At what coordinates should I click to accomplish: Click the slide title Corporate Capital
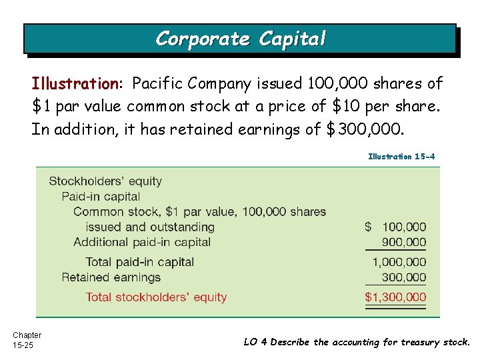pyautogui.click(x=241, y=39)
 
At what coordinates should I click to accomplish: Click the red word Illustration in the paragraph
pyautogui.click(x=74, y=84)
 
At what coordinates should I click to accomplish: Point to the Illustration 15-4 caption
pyautogui.click(x=401, y=157)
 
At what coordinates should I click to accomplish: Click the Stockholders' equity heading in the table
pyautogui.click(x=105, y=181)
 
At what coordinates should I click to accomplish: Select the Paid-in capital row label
pyautogui.click(x=101, y=197)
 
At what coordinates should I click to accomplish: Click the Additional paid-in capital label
pyautogui.click(x=142, y=242)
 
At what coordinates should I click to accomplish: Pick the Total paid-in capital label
pyautogui.click(x=140, y=262)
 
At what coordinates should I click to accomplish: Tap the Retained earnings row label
pyautogui.click(x=111, y=277)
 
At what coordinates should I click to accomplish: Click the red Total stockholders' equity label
pyautogui.click(x=156, y=297)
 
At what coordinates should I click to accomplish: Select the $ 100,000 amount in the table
pyautogui.click(x=395, y=227)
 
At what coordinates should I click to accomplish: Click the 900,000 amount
pyautogui.click(x=404, y=242)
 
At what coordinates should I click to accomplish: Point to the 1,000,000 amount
pyautogui.click(x=399, y=262)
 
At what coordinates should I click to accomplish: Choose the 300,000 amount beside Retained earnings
pyautogui.click(x=404, y=277)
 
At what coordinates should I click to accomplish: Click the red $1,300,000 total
pyautogui.click(x=395, y=297)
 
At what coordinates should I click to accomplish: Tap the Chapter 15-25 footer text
pyautogui.click(x=27, y=340)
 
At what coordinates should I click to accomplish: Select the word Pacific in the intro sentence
pyautogui.click(x=157, y=84)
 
